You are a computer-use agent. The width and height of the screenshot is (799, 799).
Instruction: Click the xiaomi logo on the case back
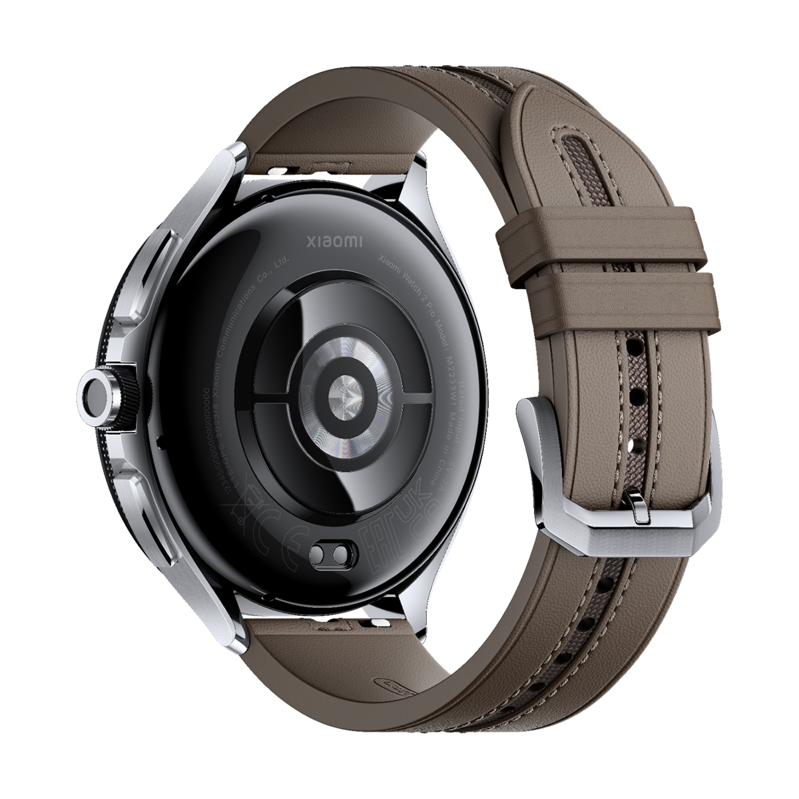pos(334,240)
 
